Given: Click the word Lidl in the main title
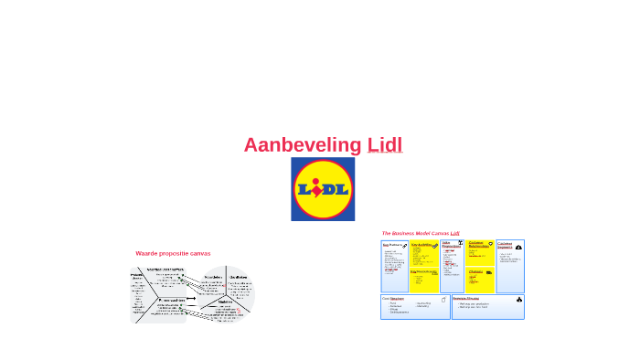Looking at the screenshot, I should tap(385, 145).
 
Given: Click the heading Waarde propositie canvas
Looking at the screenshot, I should tap(173, 253).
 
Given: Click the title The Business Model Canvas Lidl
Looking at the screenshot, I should tap(421, 233).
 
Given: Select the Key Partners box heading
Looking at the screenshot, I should tap(392, 245).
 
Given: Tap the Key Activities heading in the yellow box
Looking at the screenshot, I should tap(421, 245).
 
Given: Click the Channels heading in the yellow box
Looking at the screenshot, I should tap(476, 271).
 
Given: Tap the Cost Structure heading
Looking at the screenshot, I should tap(394, 298).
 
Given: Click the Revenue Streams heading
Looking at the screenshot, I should tap(466, 298).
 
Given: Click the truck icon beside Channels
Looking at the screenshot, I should tap(489, 272).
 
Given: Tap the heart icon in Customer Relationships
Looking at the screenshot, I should tap(490, 244).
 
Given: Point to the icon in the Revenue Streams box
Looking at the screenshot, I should tap(518, 299).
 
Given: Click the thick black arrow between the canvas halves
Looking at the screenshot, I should tap(190, 299).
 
